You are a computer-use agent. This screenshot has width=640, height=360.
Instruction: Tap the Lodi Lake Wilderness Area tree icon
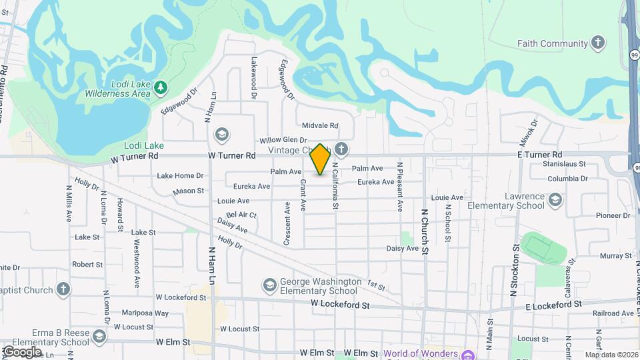click(x=159, y=87)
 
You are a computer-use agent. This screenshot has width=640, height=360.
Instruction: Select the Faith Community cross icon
click(x=598, y=43)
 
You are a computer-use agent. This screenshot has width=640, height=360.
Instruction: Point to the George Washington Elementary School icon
click(x=270, y=285)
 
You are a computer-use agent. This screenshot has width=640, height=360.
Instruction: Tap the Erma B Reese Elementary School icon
click(x=99, y=337)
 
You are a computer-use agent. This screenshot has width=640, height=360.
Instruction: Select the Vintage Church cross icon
click(x=341, y=148)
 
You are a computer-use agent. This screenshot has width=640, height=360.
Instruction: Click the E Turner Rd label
click(x=539, y=154)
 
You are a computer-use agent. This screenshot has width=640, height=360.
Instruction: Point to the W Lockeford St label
click(x=340, y=305)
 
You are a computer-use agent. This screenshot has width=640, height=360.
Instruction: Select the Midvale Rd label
click(x=320, y=125)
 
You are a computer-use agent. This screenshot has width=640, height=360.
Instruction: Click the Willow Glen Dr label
click(x=283, y=140)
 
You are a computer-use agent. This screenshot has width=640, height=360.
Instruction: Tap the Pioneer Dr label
click(x=613, y=215)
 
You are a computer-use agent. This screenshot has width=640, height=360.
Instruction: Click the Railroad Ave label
click(x=611, y=313)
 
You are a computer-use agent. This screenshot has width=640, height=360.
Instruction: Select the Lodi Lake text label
click(x=144, y=145)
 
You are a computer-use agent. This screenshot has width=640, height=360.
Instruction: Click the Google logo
click(x=21, y=351)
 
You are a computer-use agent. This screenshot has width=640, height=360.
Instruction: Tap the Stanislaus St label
click(x=564, y=163)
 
